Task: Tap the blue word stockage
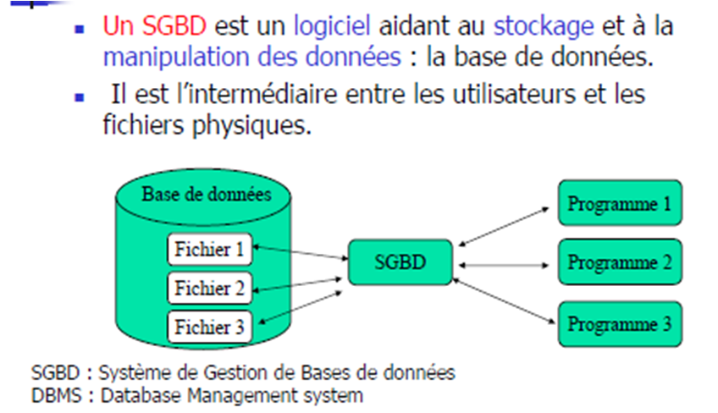(x=544, y=26)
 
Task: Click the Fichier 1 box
(x=209, y=250)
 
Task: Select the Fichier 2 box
(x=209, y=288)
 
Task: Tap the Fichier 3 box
(x=209, y=326)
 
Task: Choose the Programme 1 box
(x=620, y=203)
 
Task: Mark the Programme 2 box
(x=620, y=262)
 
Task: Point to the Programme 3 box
(x=620, y=322)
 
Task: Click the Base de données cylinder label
(x=207, y=195)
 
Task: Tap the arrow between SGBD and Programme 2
(x=506, y=265)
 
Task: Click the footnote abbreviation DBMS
(x=52, y=394)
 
